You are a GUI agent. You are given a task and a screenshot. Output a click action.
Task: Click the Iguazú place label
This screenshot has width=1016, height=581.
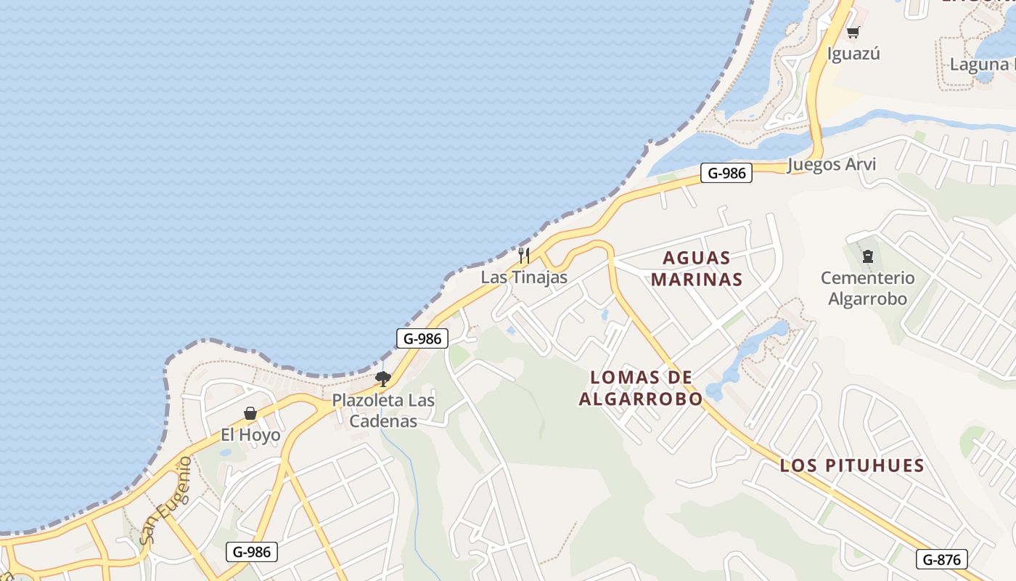[853, 54]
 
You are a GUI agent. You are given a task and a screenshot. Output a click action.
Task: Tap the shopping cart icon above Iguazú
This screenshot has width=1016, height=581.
[853, 33]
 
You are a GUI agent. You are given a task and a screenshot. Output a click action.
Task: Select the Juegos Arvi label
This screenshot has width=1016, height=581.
[832, 164]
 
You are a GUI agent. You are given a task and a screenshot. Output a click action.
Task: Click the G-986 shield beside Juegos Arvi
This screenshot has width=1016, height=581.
[726, 173]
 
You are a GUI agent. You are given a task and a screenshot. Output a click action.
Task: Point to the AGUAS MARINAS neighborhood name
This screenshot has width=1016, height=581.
[697, 269]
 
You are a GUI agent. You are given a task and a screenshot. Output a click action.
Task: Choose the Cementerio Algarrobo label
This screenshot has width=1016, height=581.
[868, 288]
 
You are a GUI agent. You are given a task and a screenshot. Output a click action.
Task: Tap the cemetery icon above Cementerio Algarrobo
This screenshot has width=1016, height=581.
[867, 256]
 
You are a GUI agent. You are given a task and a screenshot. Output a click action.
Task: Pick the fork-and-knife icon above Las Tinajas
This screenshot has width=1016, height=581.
[524, 256]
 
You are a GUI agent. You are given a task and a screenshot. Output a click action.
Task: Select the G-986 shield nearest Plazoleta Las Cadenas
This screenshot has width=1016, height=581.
[422, 338]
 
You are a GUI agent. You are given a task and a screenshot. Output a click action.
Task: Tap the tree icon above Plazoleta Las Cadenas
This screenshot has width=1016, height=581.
[383, 378]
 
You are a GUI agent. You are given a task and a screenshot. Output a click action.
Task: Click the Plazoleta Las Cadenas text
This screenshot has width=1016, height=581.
[383, 410]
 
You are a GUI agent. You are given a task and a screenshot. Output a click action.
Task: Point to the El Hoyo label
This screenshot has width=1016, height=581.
[250, 435]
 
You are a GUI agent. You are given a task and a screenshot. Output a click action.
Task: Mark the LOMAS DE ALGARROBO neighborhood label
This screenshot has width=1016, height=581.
[641, 388]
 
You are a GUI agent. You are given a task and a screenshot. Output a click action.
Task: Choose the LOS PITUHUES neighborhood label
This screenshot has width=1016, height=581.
[852, 466]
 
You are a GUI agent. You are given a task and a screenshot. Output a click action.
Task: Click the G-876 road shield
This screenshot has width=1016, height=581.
[942, 559]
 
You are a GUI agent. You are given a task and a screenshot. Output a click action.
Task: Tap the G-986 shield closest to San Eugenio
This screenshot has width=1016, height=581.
[252, 552]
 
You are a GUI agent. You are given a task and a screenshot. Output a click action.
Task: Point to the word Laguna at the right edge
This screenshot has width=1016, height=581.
[979, 65]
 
